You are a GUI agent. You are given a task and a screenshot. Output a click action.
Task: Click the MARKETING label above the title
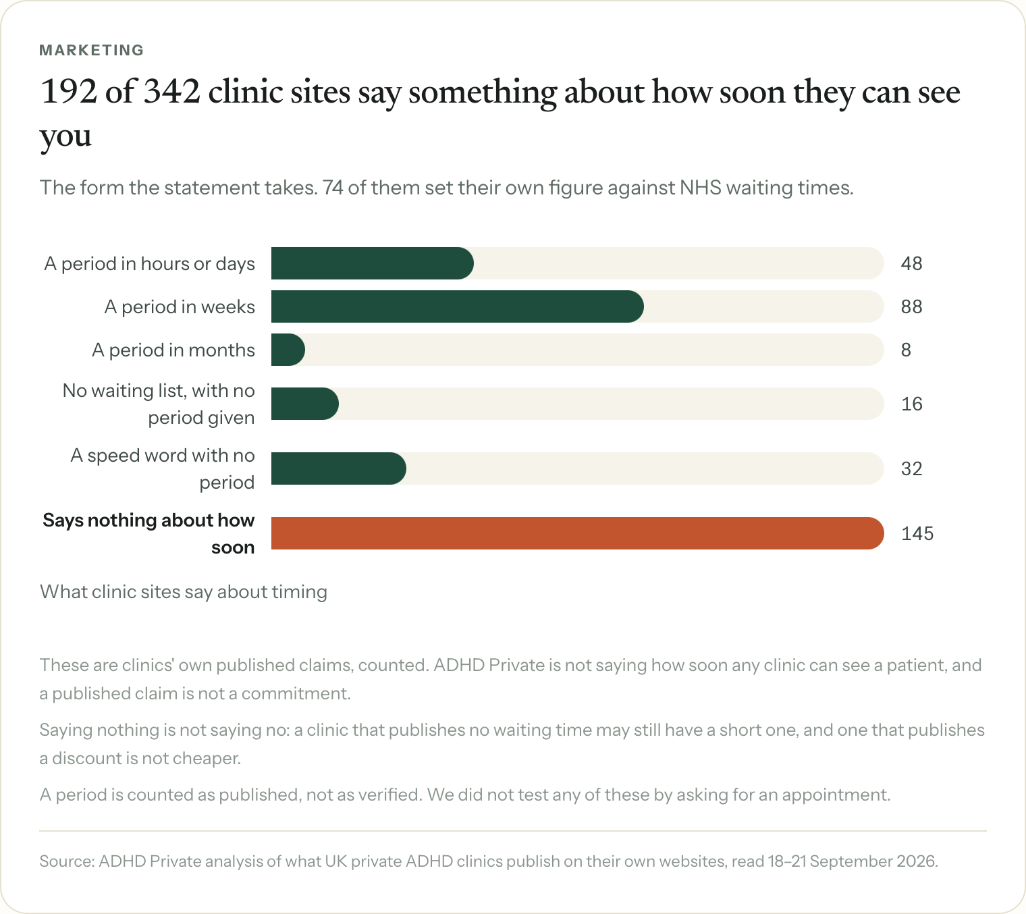click(x=92, y=50)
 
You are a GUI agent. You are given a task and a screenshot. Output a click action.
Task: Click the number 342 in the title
click(x=171, y=92)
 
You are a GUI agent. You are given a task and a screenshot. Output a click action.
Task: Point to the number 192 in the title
click(x=68, y=92)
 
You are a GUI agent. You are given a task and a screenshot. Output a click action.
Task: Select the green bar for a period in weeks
click(x=457, y=306)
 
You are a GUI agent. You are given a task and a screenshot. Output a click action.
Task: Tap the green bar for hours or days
click(x=372, y=263)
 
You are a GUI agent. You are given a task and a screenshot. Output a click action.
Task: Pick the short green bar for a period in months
click(x=288, y=350)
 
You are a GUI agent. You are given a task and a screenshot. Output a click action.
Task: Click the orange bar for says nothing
click(x=577, y=533)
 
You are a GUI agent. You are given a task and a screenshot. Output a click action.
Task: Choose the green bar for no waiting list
click(x=305, y=404)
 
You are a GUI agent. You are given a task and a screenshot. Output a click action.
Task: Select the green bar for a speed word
click(x=339, y=468)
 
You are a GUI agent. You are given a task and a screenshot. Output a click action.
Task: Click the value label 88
click(x=911, y=306)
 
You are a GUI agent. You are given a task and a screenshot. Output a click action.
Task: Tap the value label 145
click(x=917, y=533)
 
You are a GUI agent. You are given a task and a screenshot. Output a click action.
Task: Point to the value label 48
click(x=911, y=263)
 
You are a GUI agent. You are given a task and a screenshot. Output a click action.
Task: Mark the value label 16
click(x=911, y=404)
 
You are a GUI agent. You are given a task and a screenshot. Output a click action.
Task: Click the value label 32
click(x=911, y=468)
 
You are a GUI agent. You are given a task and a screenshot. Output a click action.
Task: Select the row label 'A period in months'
click(x=173, y=350)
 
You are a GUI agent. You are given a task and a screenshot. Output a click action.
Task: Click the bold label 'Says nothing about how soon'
click(x=148, y=534)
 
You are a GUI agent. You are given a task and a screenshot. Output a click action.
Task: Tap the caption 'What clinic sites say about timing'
click(x=184, y=592)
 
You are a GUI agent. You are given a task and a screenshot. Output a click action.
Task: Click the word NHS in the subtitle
click(x=701, y=188)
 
